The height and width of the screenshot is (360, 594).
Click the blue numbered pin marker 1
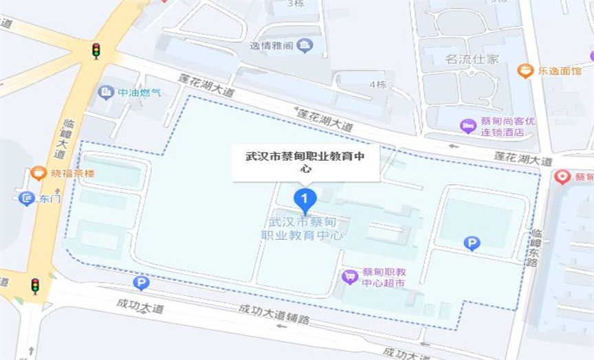click(305, 200)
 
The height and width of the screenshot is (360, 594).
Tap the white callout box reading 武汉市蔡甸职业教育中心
click(306, 163)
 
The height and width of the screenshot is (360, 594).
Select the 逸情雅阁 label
click(272, 46)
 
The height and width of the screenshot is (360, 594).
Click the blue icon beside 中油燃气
click(106, 91)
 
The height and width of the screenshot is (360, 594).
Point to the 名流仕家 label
click(471, 60)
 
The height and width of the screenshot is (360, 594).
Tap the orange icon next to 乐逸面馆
click(525, 70)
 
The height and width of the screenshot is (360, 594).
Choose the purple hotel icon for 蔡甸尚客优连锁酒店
click(467, 126)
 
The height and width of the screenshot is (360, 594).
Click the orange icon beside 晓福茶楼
click(38, 174)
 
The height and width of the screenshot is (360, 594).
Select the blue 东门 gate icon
click(27, 199)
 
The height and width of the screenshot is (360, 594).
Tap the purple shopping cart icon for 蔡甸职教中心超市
click(350, 277)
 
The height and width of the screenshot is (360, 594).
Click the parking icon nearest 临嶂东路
click(472, 243)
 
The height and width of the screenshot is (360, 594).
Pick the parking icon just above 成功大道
click(141, 283)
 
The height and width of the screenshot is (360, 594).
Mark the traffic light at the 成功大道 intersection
click(35, 286)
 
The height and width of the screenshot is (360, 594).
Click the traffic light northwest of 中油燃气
click(96, 50)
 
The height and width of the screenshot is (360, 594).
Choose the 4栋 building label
click(377, 85)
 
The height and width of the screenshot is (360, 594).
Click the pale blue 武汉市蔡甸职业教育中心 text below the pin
click(302, 228)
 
